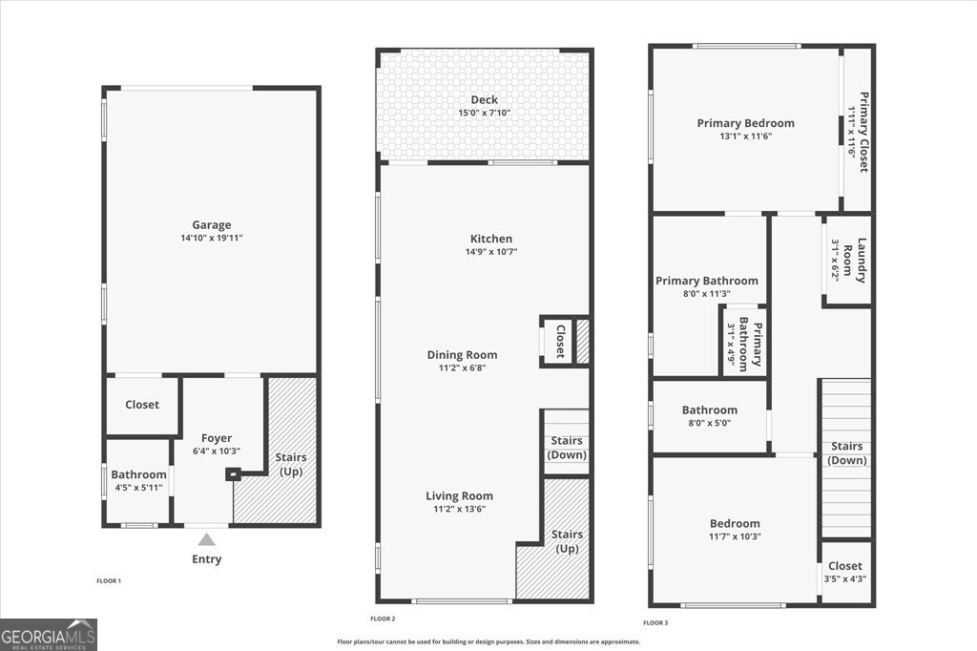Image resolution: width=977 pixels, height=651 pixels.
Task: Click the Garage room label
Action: click(x=211, y=225)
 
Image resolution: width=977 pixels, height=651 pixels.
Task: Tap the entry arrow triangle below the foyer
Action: click(x=207, y=540)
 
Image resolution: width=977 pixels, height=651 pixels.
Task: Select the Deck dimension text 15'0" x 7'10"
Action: click(x=484, y=114)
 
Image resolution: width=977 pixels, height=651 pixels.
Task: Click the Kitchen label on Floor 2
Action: click(x=491, y=239)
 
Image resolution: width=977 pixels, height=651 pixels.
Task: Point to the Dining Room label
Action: click(x=462, y=355)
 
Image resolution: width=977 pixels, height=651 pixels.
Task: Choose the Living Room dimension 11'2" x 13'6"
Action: click(x=459, y=509)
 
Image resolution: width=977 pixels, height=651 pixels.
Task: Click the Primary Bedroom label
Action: click(x=745, y=123)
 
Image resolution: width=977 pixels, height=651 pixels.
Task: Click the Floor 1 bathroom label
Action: click(x=138, y=474)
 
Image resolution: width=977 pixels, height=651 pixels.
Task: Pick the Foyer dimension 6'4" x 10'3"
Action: click(x=217, y=451)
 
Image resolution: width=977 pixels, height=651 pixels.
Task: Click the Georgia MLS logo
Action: click(x=49, y=635)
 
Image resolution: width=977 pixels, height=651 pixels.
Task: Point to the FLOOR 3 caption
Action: click(x=655, y=622)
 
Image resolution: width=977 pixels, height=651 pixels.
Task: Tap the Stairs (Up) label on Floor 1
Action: click(x=291, y=464)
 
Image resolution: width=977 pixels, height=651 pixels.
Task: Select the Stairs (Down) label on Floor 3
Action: click(x=847, y=452)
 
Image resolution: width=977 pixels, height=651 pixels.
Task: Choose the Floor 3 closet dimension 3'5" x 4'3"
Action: click(x=844, y=578)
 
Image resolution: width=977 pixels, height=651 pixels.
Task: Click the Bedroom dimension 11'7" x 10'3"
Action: click(x=735, y=536)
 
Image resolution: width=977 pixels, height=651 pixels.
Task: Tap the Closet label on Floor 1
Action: click(x=142, y=405)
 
